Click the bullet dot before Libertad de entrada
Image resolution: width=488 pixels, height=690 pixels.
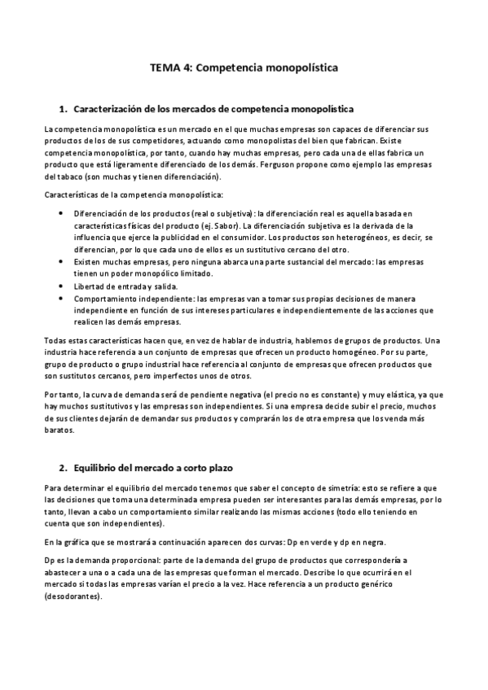pos(65,286)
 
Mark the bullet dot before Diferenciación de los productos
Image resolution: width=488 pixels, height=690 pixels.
pos(65,212)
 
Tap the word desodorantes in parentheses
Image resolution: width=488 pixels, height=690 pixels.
pos(74,596)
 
